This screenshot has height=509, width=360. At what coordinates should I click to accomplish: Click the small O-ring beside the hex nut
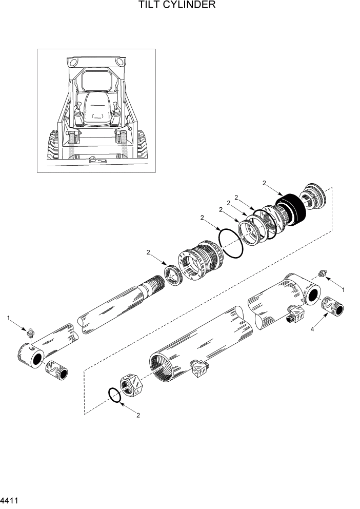click(114, 395)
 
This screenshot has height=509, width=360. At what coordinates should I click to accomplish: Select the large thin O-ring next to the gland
click(230, 243)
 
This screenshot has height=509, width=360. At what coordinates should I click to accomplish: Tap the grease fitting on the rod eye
click(31, 334)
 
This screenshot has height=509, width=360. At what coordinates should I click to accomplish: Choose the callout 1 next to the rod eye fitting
click(9, 318)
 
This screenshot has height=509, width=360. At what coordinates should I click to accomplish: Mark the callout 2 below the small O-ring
click(138, 416)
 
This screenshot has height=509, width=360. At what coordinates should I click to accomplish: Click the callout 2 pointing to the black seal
click(264, 183)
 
